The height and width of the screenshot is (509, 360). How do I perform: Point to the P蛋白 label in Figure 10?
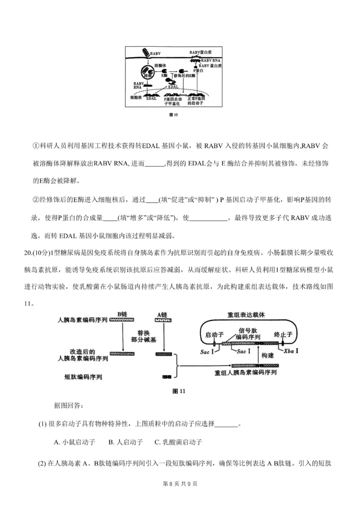[x=198, y=71]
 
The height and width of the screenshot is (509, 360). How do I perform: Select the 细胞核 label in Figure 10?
[x=136, y=97]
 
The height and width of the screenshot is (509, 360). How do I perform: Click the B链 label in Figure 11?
[x=122, y=314]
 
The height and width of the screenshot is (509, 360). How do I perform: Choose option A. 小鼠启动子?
[x=74, y=442]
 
